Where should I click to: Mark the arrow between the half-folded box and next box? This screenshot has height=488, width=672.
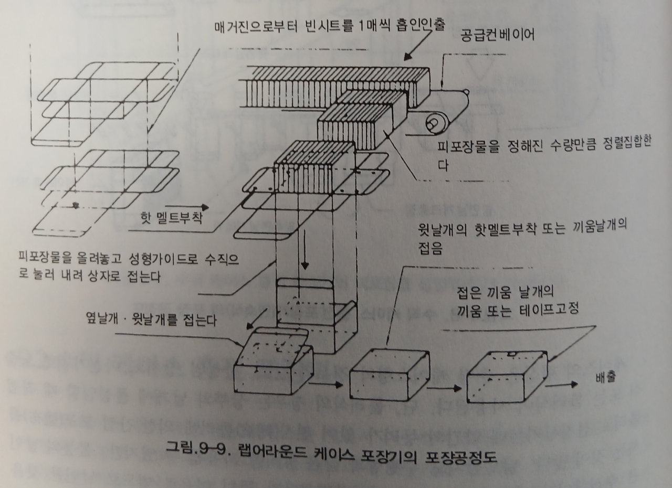click(x=328, y=385)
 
